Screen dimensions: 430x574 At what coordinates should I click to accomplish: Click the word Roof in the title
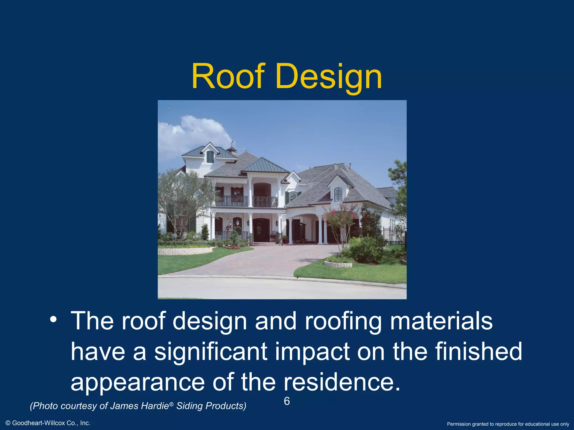coord(228,76)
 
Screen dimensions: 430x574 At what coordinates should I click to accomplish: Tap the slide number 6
coord(287,401)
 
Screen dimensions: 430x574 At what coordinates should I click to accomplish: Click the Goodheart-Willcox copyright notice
coord(48,423)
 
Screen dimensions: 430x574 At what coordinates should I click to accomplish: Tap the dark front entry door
coord(261,230)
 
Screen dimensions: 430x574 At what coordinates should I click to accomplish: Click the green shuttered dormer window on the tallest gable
coord(210,157)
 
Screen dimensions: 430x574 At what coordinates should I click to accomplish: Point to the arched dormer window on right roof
coord(338,194)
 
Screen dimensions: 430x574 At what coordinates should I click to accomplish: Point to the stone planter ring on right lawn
coord(338,264)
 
